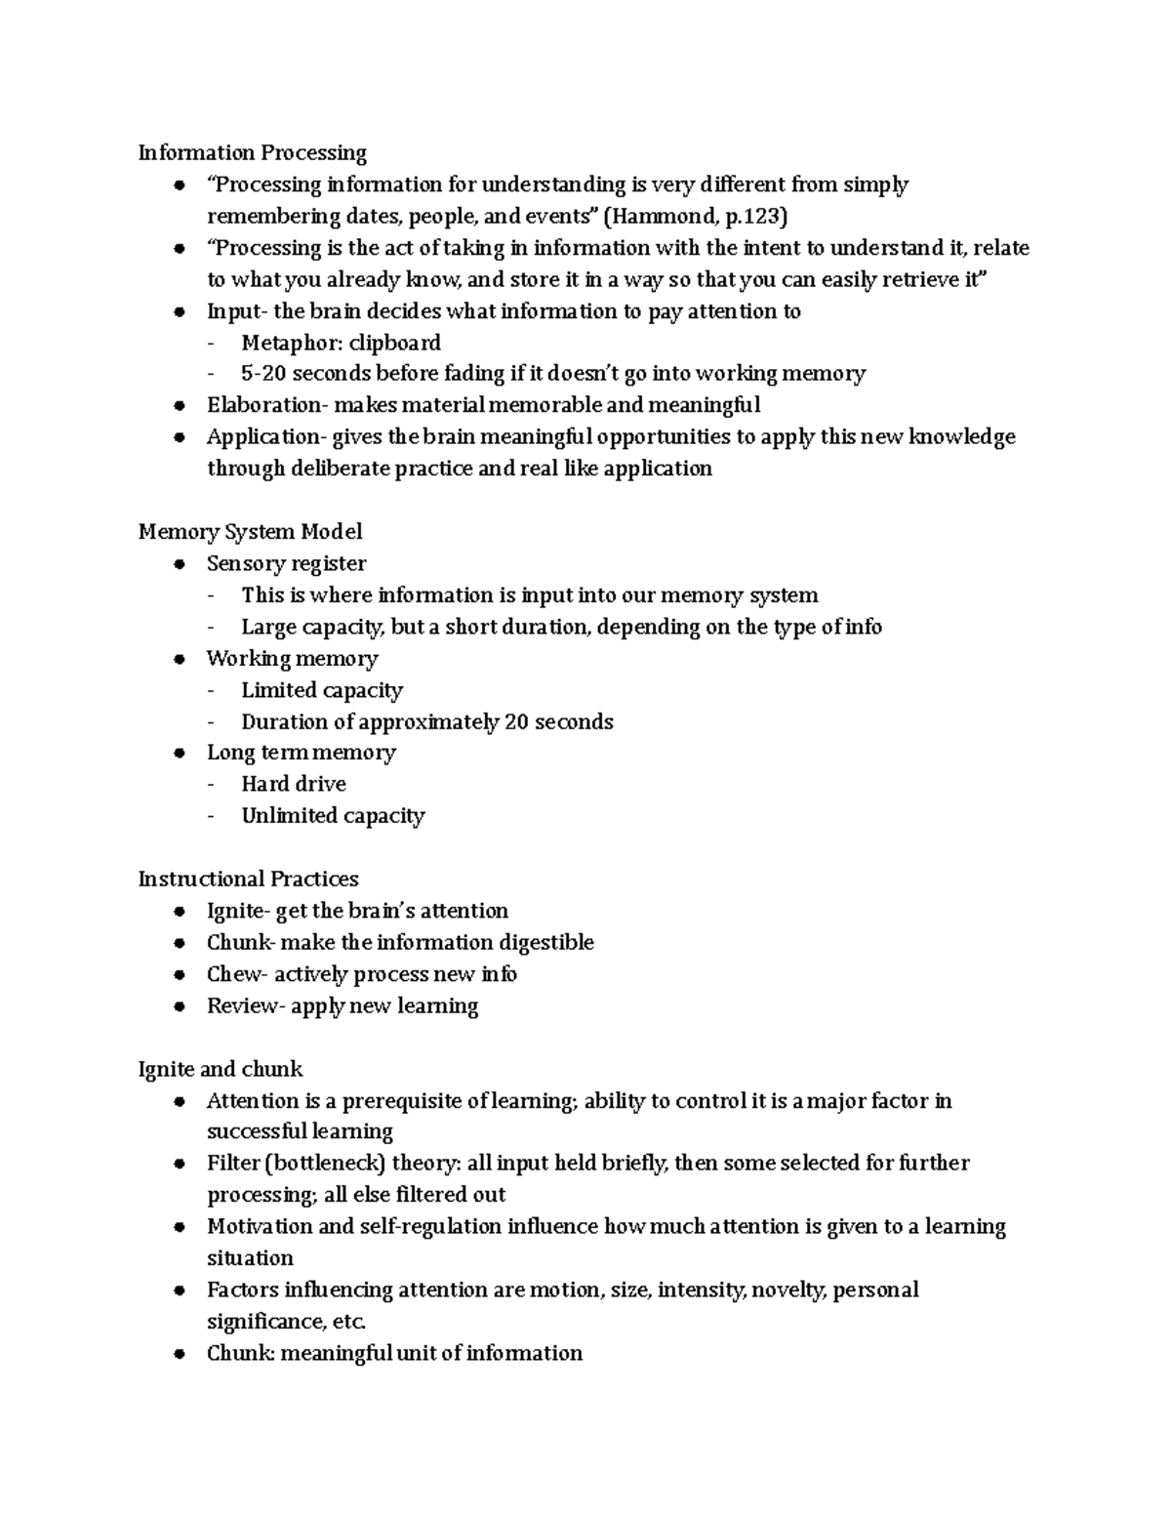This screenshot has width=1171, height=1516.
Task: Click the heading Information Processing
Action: (252, 153)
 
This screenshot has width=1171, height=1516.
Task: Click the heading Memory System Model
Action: (250, 532)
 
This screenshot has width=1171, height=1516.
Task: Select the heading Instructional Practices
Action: (248, 880)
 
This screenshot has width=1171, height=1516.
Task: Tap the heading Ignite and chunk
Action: (221, 1069)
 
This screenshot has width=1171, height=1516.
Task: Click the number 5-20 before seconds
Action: (263, 374)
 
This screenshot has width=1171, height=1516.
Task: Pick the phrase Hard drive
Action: (294, 784)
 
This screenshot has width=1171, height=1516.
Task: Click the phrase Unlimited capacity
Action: (333, 816)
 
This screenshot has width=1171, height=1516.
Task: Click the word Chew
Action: (234, 974)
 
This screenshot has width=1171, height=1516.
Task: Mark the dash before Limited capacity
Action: (213, 691)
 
